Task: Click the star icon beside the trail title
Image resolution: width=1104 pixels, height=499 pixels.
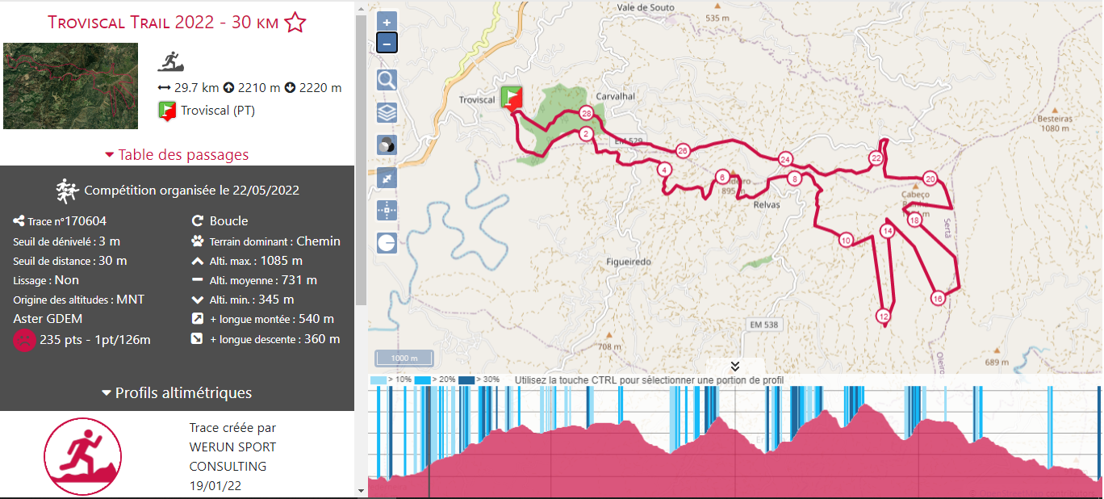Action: [295, 23]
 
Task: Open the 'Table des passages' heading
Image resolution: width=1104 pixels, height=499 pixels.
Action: [177, 155]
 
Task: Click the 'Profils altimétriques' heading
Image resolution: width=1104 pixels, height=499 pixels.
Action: [177, 393]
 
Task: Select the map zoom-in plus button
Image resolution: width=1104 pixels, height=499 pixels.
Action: [387, 23]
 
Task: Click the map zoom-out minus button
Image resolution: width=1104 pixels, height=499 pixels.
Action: [387, 43]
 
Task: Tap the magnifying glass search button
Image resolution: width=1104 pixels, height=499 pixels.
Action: [387, 79]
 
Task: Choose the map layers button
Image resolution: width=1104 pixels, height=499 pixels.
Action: [387, 112]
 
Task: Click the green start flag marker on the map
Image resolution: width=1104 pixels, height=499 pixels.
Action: [511, 98]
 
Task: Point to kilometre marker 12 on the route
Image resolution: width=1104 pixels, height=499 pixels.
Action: [884, 316]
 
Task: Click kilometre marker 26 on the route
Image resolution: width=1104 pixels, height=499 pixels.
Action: [683, 151]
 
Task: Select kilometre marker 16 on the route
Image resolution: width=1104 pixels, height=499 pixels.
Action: [937, 298]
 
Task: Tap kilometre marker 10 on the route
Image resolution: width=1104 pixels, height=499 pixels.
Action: [846, 240]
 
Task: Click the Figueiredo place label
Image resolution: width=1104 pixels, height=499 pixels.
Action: [629, 262]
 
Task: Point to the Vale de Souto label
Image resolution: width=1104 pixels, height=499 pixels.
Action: [645, 7]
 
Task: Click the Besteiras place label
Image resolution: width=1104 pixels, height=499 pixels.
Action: [1055, 119]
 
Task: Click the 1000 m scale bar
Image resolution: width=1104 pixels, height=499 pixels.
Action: [404, 359]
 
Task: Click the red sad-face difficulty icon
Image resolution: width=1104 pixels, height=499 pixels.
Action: [24, 340]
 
